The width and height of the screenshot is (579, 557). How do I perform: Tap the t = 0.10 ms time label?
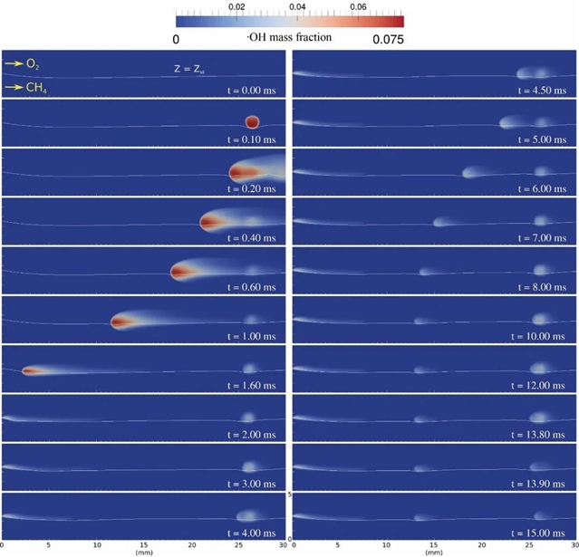coord(251,139)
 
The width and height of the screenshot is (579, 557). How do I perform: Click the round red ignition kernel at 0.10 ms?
coord(251,121)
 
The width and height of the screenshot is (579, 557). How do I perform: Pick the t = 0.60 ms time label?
coord(251,286)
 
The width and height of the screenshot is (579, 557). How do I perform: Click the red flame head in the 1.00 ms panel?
coord(121,320)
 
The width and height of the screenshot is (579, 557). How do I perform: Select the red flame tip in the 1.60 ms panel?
coord(30,370)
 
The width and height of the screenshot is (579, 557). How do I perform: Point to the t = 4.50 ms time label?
coord(540,91)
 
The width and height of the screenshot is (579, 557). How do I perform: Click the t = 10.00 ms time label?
coord(538,336)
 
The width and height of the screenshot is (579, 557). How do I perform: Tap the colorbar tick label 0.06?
coord(357,6)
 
